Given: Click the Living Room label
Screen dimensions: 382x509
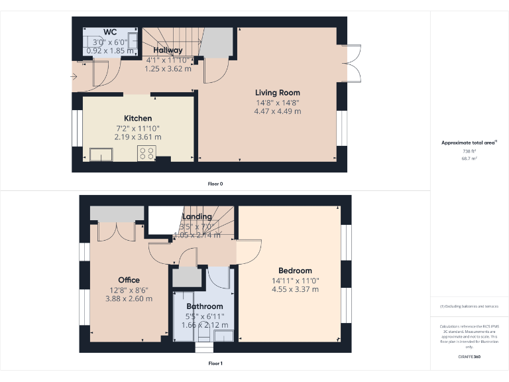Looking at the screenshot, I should tap(278, 93).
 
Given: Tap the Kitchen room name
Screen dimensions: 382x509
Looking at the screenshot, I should tap(137, 118).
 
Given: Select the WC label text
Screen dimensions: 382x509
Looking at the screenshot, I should tap(110, 32).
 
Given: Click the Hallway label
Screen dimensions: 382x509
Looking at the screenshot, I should tap(168, 50).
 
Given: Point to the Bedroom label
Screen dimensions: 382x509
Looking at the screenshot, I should tap(295, 271).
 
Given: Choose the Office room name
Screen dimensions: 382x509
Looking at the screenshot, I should tap(129, 280).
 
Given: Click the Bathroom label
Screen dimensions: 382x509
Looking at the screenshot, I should tap(204, 306).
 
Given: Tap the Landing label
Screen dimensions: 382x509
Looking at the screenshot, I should tap(197, 216).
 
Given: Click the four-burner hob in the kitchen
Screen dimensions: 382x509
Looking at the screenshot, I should tap(146, 154).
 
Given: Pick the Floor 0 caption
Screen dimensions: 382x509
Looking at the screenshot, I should tap(215, 184).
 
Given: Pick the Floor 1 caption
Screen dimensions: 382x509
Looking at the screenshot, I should tap(215, 363).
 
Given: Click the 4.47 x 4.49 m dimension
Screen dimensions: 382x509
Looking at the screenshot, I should tap(278, 111).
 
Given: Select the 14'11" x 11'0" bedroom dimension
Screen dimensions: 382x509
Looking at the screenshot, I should tap(295, 281).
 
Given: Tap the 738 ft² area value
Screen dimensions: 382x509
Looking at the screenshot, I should tap(469, 151).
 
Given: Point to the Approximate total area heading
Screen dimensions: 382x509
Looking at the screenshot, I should tap(469, 143).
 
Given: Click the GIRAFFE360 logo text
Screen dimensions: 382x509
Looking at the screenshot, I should tap(469, 357).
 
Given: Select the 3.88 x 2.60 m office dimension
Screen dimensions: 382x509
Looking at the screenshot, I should tap(129, 298).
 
